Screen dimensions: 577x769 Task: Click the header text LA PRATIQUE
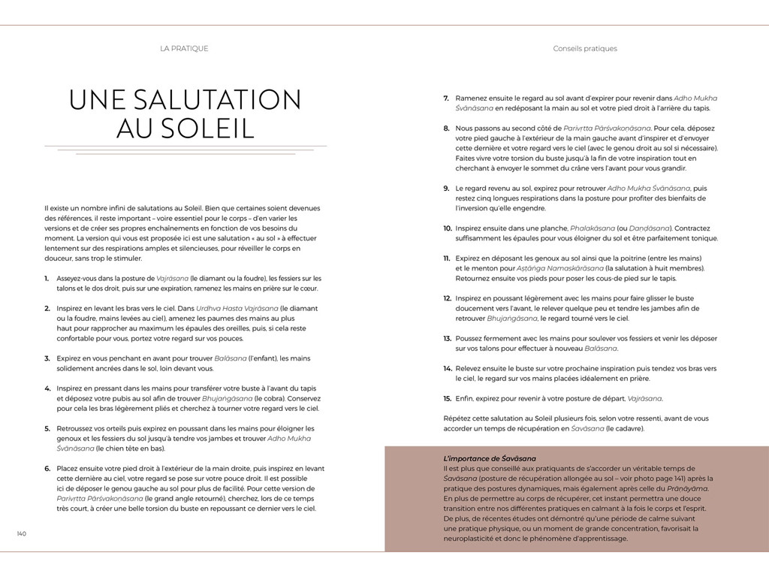coord(184,49)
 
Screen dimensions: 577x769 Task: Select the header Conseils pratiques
coord(584,49)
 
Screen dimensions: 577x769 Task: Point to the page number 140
coord(22,533)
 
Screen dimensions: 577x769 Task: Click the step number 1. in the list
coord(47,278)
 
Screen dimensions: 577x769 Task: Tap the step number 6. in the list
coord(47,468)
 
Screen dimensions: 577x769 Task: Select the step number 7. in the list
coord(446,98)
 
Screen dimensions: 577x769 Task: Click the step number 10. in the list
coord(447,228)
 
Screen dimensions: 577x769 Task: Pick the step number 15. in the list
coord(447,398)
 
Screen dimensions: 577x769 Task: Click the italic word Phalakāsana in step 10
coord(591,228)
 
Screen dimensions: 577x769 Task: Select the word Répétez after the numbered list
coord(460,418)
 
